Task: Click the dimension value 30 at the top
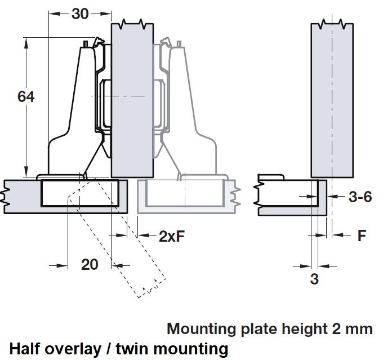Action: [80, 14]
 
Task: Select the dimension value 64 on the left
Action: [26, 97]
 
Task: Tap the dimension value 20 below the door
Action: [90, 264]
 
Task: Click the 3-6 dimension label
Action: [360, 197]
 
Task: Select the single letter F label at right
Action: [362, 235]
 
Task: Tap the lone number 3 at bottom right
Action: [314, 279]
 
